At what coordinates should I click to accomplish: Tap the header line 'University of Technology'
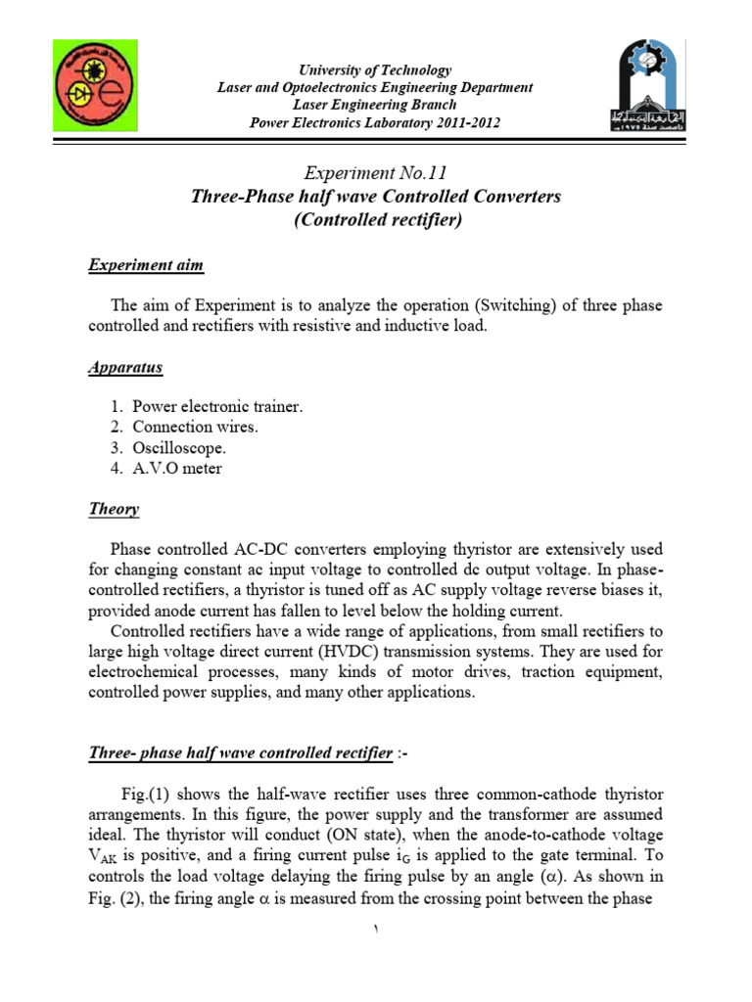(375, 70)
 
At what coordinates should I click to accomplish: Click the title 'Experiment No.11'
(375, 173)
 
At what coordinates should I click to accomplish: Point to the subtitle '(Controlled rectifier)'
(376, 220)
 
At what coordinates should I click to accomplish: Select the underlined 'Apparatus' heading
(124, 368)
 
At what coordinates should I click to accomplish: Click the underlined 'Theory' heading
(114, 509)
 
